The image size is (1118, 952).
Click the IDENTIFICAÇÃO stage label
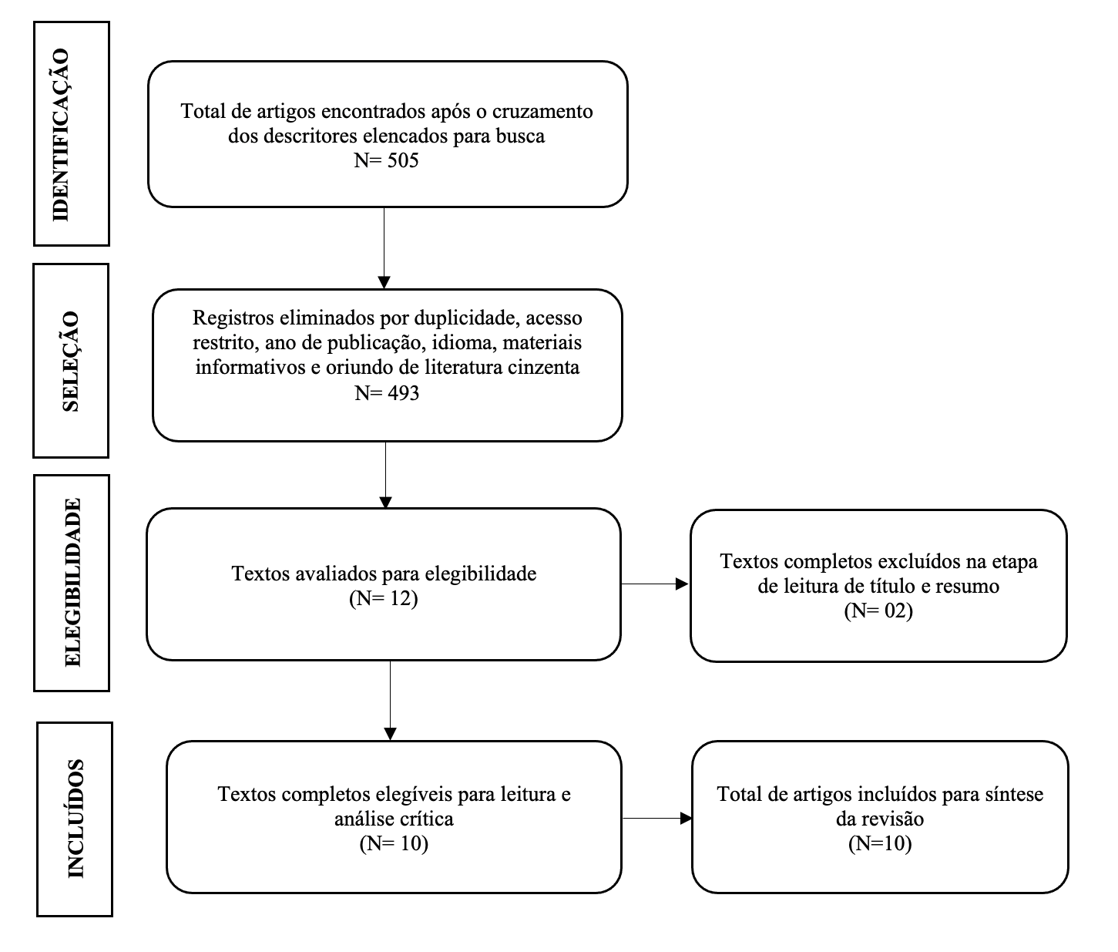[x=61, y=134]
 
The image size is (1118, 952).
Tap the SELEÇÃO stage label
[x=70, y=361]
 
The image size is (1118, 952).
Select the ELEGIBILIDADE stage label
[x=72, y=582]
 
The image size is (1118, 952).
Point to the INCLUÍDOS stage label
[x=76, y=818]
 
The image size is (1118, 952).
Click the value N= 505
[x=386, y=160]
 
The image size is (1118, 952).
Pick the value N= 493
[x=387, y=393]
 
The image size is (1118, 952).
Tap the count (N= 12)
[x=384, y=598]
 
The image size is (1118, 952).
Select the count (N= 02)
[x=878, y=610]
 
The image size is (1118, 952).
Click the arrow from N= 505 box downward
[x=384, y=248]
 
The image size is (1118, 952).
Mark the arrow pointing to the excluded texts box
[x=654, y=584]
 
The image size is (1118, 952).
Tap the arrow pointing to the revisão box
[x=657, y=819]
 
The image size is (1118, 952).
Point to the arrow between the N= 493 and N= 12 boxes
[x=386, y=475]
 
